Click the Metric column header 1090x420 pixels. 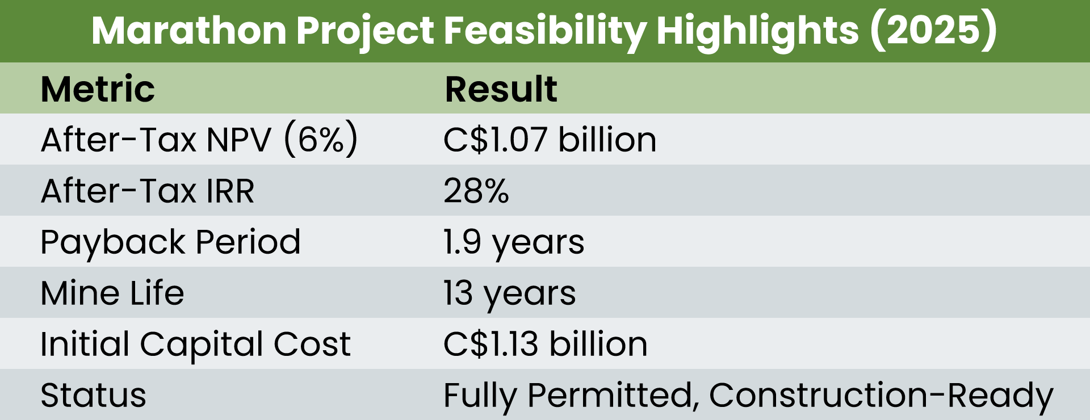98,89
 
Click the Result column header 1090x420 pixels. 501,89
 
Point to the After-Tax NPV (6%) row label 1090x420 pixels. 199,140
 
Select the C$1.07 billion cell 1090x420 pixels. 550,140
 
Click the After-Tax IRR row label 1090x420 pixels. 148,191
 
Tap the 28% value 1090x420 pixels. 476,191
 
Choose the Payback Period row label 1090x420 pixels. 170,242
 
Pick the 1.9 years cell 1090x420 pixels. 513,242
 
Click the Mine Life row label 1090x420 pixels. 112,293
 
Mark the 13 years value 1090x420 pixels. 509,293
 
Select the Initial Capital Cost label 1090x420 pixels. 195,344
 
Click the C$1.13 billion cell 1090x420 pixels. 545,344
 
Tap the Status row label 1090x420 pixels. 93,395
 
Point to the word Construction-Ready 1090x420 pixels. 881,395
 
